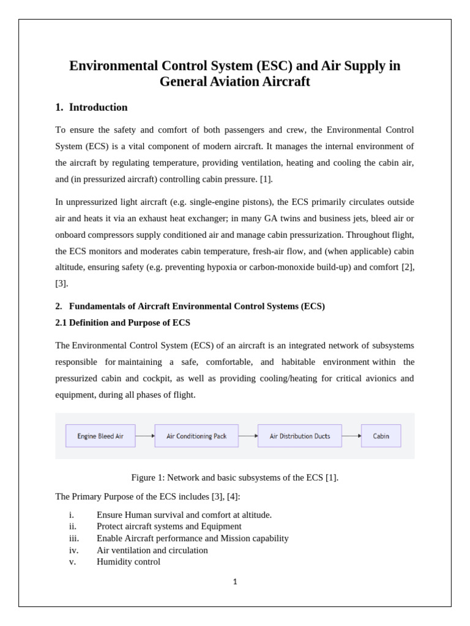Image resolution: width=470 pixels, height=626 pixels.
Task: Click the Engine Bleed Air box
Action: pyautogui.click(x=100, y=436)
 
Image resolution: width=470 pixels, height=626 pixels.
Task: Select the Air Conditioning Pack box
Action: pyautogui.click(x=196, y=436)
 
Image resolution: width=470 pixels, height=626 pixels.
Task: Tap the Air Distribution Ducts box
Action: pyautogui.click(x=300, y=436)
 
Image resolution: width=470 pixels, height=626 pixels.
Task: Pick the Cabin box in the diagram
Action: pyautogui.click(x=381, y=436)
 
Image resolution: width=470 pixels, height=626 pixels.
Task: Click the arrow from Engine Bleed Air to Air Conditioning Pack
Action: pyautogui.click(x=145, y=436)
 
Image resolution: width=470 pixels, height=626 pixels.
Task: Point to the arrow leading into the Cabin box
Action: pyautogui.click(x=351, y=436)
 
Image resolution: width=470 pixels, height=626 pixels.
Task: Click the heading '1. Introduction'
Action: pyautogui.click(x=91, y=108)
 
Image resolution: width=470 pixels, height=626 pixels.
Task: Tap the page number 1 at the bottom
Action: pyautogui.click(x=235, y=582)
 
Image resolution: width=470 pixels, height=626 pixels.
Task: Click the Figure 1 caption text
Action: pyautogui.click(x=235, y=477)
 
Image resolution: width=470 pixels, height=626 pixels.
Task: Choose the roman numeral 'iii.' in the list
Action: pyautogui.click(x=73, y=539)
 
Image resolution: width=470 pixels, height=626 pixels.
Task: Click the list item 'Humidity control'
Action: pyautogui.click(x=129, y=562)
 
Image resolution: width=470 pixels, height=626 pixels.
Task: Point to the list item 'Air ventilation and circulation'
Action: pyautogui.click(x=152, y=550)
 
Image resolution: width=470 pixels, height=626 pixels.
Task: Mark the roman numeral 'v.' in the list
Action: pyautogui.click(x=72, y=562)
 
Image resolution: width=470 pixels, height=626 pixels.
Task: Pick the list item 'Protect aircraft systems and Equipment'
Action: pyautogui.click(x=169, y=526)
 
